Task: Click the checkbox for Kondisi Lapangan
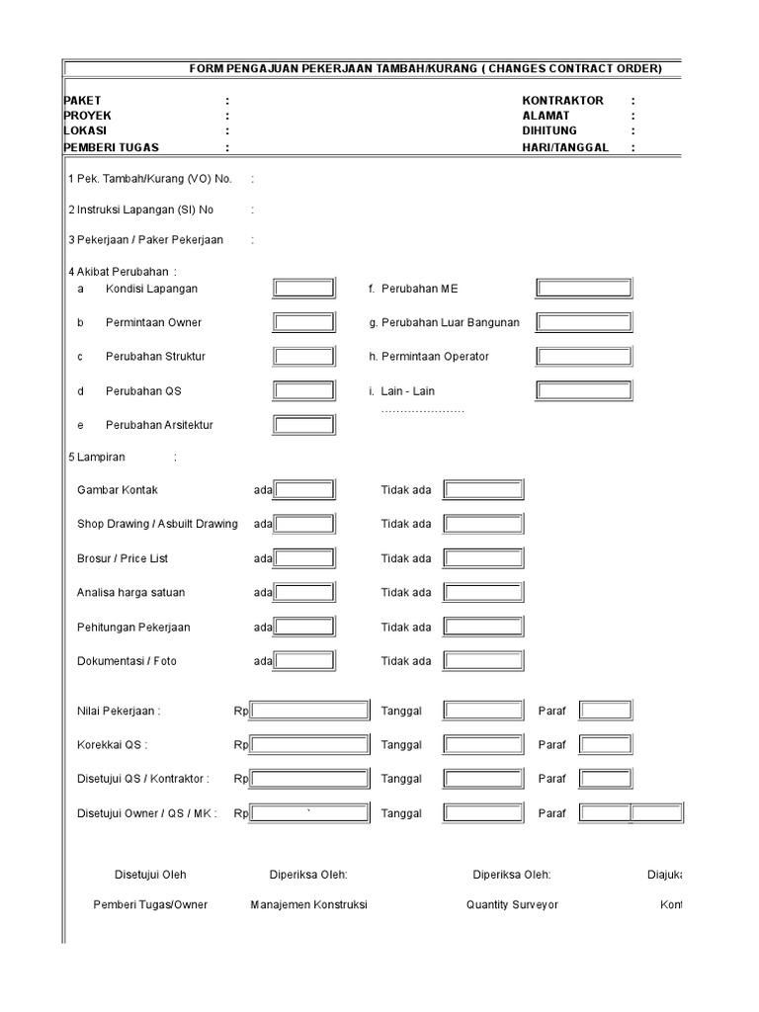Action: click(x=304, y=289)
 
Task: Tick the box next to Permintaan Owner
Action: click(x=304, y=322)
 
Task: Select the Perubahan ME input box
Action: click(x=583, y=289)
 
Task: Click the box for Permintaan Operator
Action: click(x=583, y=356)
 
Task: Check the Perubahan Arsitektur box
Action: click(x=304, y=425)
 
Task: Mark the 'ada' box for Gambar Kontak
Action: click(x=304, y=490)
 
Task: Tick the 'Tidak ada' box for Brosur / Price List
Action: click(x=483, y=558)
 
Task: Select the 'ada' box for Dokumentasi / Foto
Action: click(x=304, y=661)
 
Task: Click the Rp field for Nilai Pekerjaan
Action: click(x=309, y=711)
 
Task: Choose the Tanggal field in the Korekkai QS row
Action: click(x=483, y=745)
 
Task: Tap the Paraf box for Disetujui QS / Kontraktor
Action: click(x=605, y=779)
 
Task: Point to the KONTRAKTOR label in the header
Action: click(x=562, y=101)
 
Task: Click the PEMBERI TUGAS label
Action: click(x=111, y=147)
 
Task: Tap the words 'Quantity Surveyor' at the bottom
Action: click(x=512, y=904)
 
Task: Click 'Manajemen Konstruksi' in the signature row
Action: click(x=308, y=904)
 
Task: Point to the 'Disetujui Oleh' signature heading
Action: click(x=150, y=875)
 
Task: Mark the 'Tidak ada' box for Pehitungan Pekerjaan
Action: click(x=483, y=627)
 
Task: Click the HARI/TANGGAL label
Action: click(x=565, y=147)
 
